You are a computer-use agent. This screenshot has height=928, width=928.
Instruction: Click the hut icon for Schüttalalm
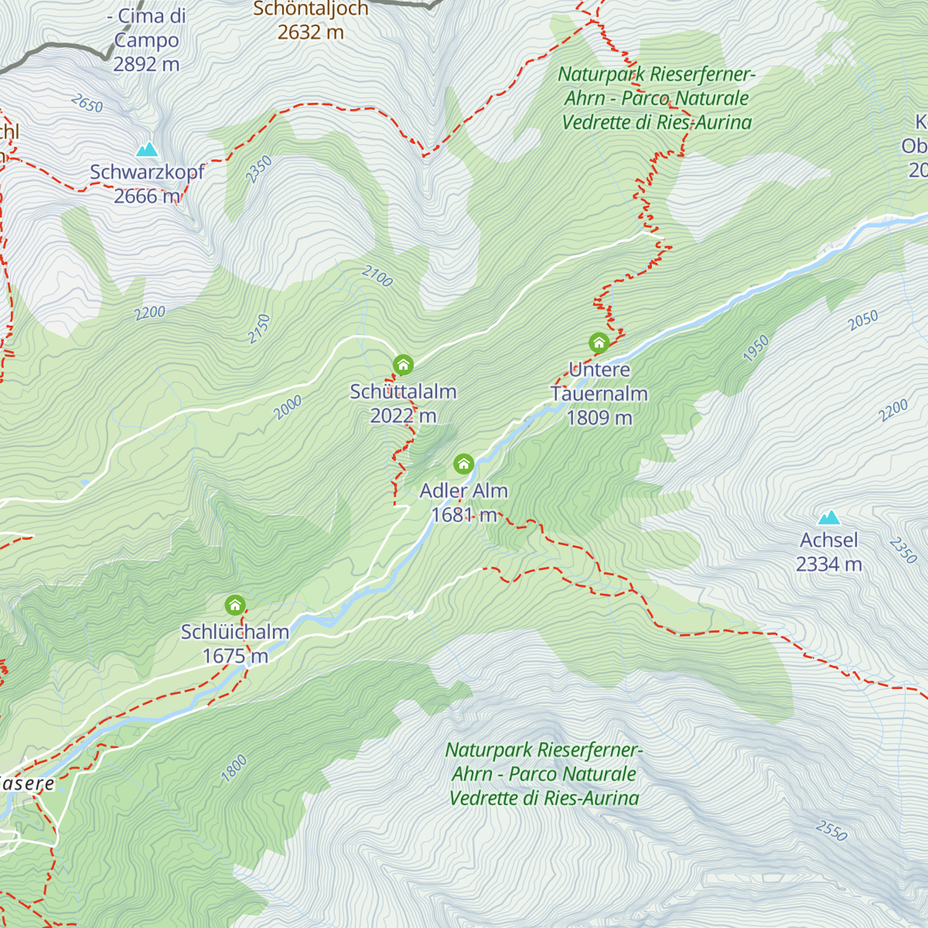coord(403,365)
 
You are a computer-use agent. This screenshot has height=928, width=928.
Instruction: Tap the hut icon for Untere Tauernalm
coord(599,343)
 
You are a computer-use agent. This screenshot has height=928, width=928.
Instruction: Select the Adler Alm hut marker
coord(463,464)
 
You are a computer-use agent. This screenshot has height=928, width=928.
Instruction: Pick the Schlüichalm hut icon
coord(235,605)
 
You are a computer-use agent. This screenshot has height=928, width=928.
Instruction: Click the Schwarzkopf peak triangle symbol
coord(147,149)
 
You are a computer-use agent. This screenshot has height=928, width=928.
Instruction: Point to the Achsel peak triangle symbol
coord(829,517)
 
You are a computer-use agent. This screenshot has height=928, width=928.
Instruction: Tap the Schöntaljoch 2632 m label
coord(311,20)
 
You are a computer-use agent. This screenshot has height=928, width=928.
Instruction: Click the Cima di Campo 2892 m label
coord(147,40)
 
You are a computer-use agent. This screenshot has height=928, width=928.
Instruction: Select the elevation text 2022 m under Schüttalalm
coord(403,416)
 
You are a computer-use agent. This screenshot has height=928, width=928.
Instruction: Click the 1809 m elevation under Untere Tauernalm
coord(599,418)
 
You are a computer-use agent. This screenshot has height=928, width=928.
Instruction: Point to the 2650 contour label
coord(86,104)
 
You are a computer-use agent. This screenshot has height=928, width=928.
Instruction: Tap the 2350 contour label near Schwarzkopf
coord(259,169)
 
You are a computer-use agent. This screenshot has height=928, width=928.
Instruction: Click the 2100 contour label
coord(377,276)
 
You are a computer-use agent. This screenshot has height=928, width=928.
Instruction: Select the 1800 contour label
coord(234,768)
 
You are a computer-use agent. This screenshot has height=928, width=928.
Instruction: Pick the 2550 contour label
coord(831,831)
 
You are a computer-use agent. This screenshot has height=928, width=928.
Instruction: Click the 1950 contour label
coord(756,348)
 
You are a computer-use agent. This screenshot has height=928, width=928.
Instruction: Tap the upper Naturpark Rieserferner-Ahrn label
coord(657,98)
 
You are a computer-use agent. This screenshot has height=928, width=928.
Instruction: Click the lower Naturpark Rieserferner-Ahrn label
coord(544,774)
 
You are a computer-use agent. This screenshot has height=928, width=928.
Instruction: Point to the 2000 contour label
coord(288,408)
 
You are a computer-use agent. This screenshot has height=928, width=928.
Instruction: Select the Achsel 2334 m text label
coord(829,552)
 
